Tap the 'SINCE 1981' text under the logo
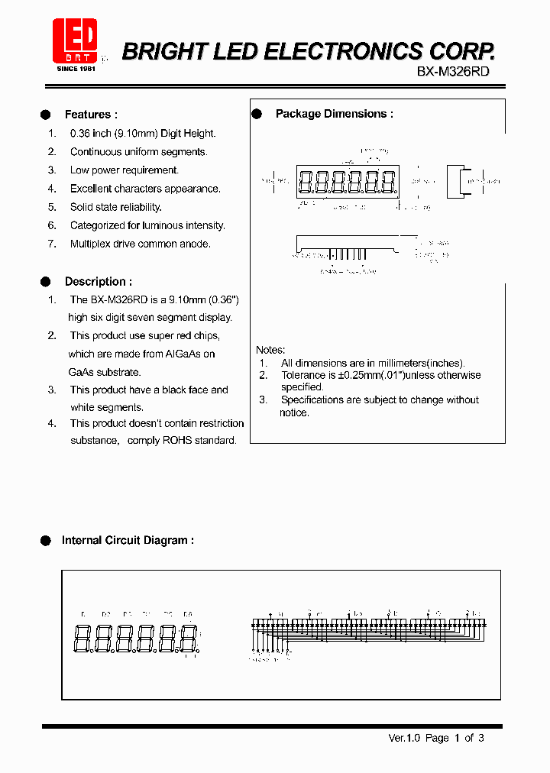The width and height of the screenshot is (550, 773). click(x=76, y=69)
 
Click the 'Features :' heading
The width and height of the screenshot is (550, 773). click(x=91, y=115)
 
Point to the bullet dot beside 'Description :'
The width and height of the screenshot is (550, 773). click(x=45, y=282)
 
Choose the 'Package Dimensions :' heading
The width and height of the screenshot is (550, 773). click(x=334, y=114)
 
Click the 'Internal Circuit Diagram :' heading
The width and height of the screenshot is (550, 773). click(x=128, y=540)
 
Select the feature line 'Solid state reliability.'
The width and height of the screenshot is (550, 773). click(x=116, y=207)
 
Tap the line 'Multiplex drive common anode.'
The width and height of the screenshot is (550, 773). click(x=140, y=244)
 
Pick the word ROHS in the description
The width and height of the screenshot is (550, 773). click(x=177, y=440)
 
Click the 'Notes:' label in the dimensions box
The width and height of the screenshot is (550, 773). click(x=270, y=350)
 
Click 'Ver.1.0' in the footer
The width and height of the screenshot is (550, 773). click(x=405, y=738)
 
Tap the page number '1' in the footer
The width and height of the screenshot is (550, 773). click(x=458, y=738)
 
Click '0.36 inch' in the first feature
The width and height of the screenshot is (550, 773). click(x=90, y=133)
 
